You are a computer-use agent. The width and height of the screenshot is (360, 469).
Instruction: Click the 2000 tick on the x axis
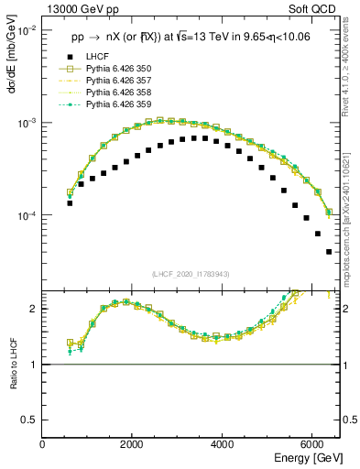click(133, 444)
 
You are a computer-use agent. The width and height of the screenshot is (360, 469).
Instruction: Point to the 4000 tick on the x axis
click(223, 444)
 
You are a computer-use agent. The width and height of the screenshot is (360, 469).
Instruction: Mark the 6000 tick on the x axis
click(312, 444)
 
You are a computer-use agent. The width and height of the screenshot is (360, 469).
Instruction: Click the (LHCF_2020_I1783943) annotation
click(191, 274)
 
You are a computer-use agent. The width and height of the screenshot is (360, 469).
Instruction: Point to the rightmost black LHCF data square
click(329, 252)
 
